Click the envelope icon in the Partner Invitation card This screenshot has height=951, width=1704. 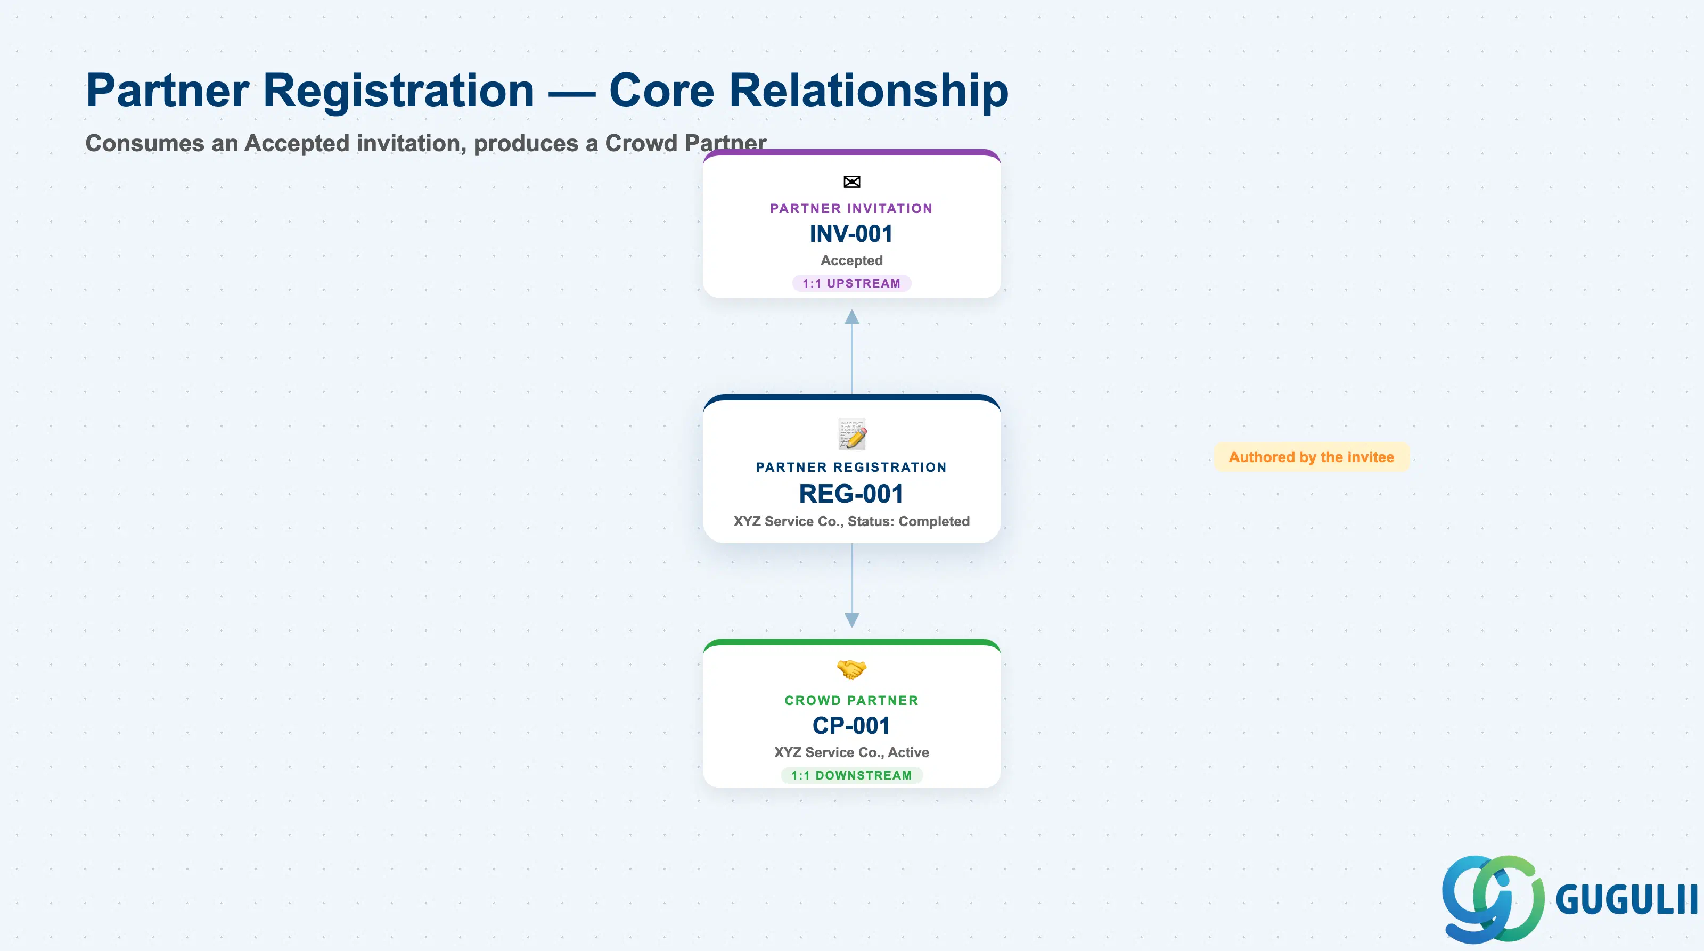[x=851, y=182]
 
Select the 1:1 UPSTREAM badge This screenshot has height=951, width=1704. [x=851, y=283]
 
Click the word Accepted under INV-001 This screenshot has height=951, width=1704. [x=851, y=260]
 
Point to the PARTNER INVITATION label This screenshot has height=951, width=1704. [x=851, y=208]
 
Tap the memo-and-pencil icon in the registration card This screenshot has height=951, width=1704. [x=852, y=434]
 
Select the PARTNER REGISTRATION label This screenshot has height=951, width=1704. [x=851, y=467]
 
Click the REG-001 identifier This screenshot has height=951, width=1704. [x=851, y=494]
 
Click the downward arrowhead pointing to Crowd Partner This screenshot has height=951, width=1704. [x=852, y=620]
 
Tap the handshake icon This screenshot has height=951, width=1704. [x=851, y=669]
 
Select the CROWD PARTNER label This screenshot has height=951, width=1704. [x=851, y=700]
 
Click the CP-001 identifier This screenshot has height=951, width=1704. [x=851, y=725]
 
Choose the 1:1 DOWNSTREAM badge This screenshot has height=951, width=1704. [x=851, y=775]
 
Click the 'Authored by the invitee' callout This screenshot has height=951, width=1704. [x=1311, y=457]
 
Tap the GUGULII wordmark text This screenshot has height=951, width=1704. [x=1627, y=899]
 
